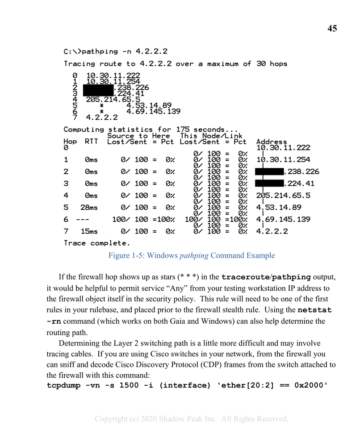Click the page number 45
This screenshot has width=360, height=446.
tap(332, 29)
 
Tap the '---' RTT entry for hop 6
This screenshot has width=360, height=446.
tap(83, 219)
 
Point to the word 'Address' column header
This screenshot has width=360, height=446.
tap(272, 142)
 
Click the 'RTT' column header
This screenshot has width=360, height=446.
tap(91, 142)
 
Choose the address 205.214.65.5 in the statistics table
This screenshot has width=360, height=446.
tap(283, 195)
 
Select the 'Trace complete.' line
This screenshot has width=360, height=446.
tap(97, 243)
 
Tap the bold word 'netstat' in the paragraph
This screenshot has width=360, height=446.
tap(315, 309)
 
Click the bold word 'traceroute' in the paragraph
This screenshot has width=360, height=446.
tap(244, 277)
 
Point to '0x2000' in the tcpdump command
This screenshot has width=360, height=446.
tap(311, 385)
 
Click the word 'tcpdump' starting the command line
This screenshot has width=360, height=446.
tap(64, 385)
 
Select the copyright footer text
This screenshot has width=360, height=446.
tap(192, 419)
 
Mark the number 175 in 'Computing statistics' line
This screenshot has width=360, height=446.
tap(183, 129)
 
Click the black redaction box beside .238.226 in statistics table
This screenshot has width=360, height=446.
tap(269, 171)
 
